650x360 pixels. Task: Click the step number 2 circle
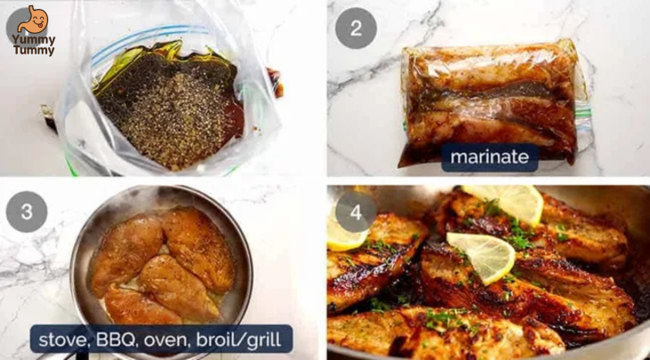tap(356, 28)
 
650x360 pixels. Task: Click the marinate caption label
tap(490, 158)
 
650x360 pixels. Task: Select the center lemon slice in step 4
tap(481, 254)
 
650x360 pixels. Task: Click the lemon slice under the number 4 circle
tap(344, 235)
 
